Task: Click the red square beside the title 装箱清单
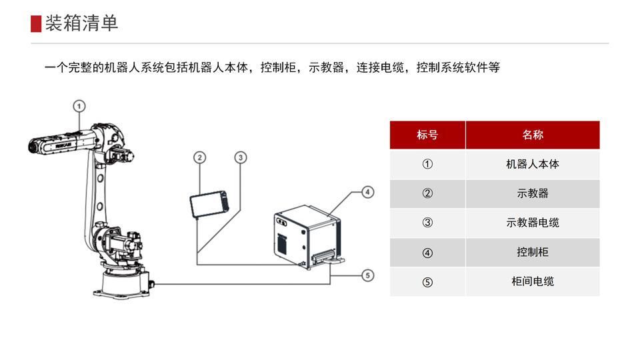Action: click(36, 23)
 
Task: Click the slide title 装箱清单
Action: click(81, 23)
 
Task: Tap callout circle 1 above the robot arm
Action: click(79, 105)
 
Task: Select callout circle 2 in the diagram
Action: click(199, 157)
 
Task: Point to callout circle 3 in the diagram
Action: click(241, 157)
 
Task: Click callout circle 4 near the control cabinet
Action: click(367, 193)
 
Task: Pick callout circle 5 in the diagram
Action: click(367, 275)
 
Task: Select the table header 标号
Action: click(427, 135)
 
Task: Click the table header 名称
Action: click(533, 135)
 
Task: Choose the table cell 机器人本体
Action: click(533, 164)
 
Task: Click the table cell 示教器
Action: click(533, 193)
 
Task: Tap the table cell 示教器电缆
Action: click(533, 223)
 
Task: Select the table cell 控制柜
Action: click(533, 252)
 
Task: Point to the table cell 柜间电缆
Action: click(533, 281)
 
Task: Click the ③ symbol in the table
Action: click(427, 223)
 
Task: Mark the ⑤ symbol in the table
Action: click(427, 281)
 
